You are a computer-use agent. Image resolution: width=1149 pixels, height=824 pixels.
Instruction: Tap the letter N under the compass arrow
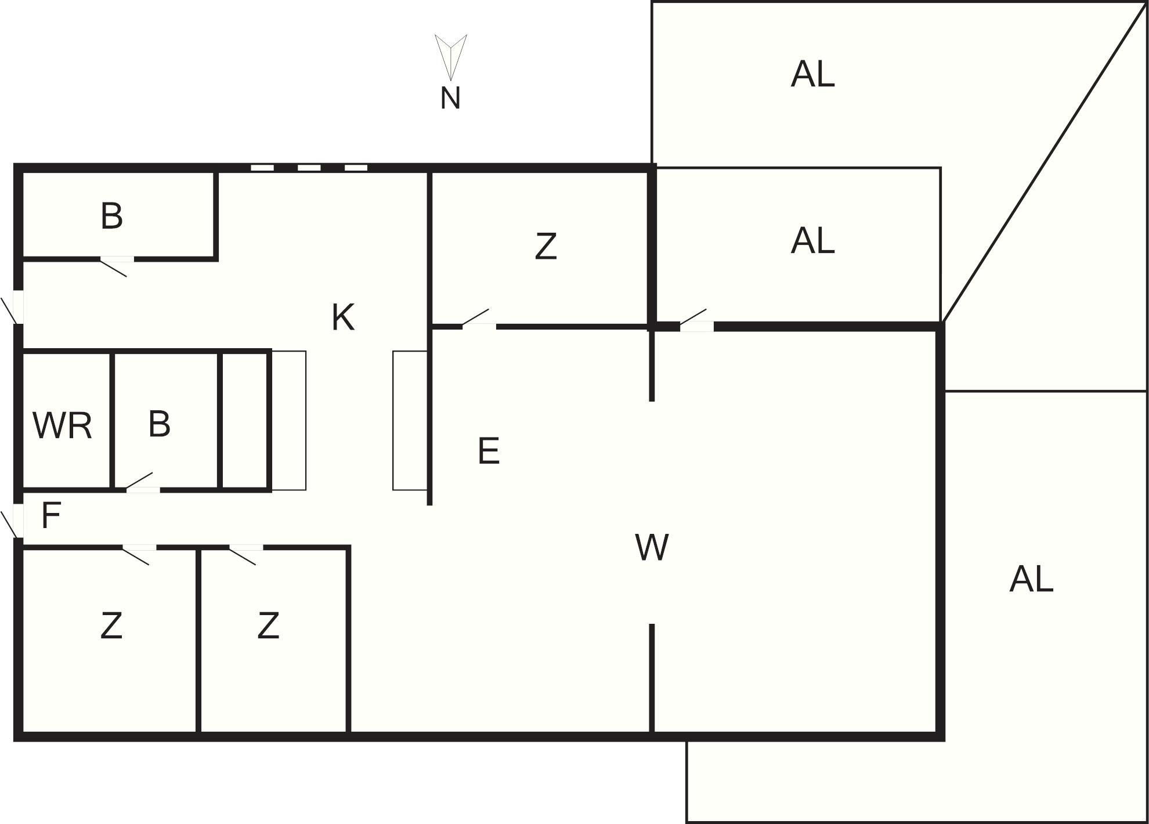tap(450, 98)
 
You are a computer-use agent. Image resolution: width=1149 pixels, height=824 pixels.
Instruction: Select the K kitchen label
tap(342, 317)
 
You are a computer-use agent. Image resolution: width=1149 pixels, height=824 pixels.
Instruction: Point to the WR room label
tap(62, 425)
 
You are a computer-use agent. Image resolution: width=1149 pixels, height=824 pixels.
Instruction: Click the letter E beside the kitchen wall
tap(489, 451)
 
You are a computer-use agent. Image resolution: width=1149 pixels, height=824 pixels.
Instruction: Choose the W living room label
tap(652, 547)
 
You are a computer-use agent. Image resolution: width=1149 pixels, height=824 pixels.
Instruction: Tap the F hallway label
tap(51, 515)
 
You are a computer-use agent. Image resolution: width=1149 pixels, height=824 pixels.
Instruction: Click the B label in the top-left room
tap(111, 216)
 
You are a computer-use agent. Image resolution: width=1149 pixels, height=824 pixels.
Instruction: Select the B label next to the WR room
tap(159, 424)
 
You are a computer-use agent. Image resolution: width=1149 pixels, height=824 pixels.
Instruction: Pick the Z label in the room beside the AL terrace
tap(545, 246)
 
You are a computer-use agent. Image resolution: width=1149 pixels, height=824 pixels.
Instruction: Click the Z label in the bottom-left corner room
tap(111, 626)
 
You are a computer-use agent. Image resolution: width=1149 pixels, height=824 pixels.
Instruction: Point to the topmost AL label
tap(812, 74)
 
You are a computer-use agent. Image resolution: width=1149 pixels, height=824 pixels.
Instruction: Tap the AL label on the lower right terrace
tap(1031, 579)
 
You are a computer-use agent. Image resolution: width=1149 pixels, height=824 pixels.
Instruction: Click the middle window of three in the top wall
tap(309, 168)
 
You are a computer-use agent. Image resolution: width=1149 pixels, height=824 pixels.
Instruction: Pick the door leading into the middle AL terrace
tap(695, 320)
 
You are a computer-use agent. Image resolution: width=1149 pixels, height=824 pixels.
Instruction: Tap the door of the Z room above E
tap(478, 319)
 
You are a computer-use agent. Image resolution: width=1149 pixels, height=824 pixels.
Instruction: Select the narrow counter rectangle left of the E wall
tap(410, 421)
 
